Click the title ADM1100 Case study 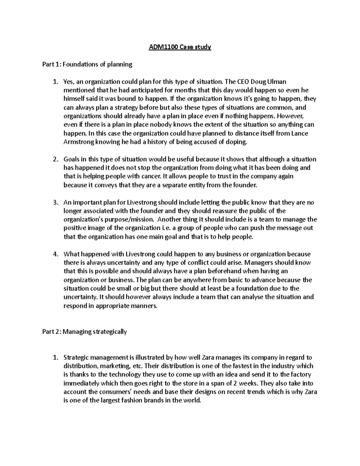(180, 47)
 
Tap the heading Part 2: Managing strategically (85, 332)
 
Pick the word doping (238, 142)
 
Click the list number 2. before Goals (55, 159)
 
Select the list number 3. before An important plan (55, 203)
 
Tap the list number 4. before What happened (55, 254)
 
